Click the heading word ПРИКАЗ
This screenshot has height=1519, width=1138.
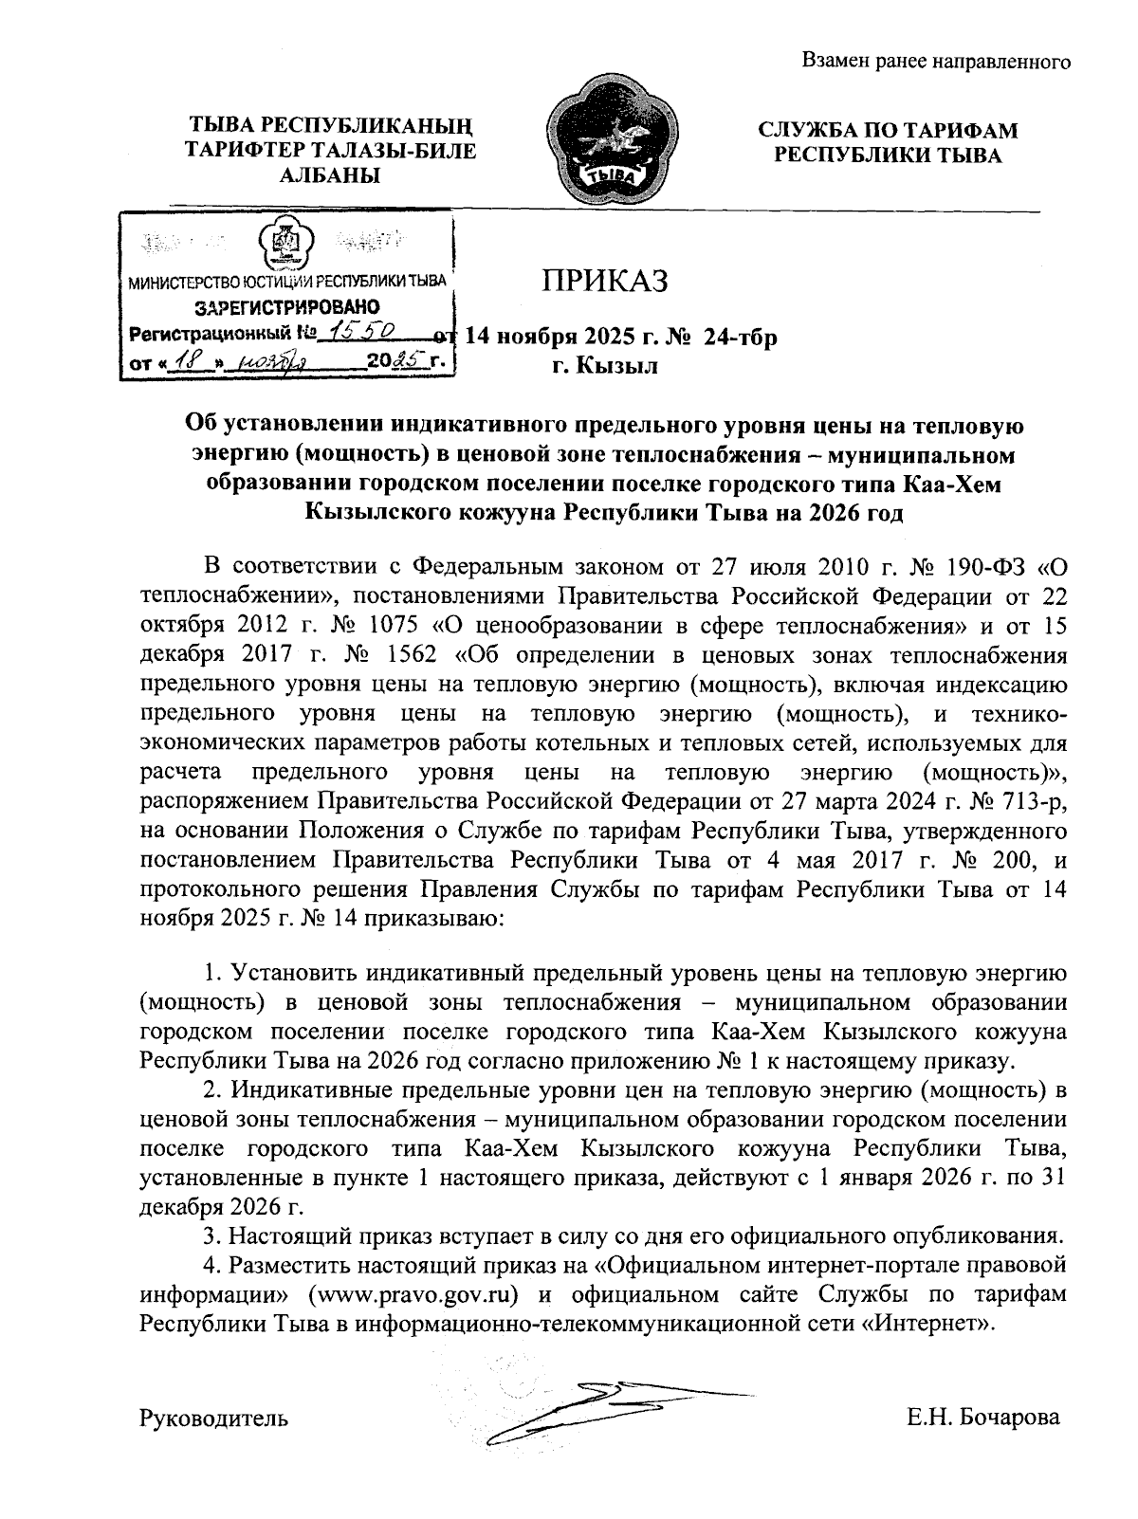pyautogui.click(x=605, y=281)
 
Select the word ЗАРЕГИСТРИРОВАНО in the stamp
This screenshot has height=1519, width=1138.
pyautogui.click(x=286, y=307)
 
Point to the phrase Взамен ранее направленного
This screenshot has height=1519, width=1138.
pyautogui.click(x=936, y=63)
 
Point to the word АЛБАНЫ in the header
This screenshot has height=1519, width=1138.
pyautogui.click(x=331, y=174)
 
